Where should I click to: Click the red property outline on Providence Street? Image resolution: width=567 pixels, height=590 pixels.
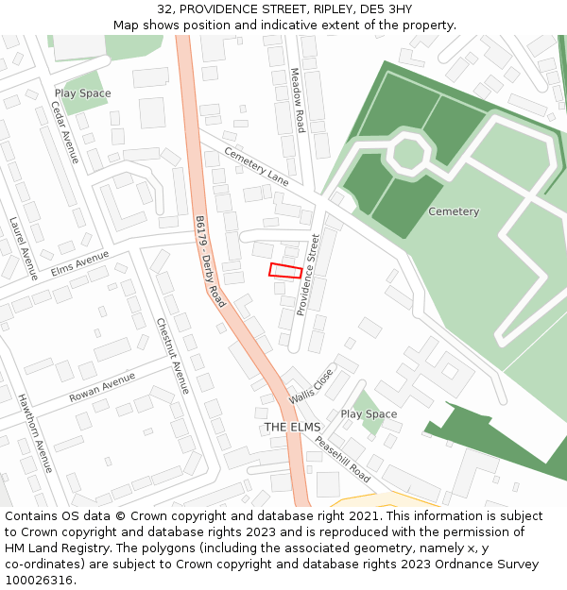click(285, 271)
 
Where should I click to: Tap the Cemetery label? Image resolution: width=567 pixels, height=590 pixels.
click(454, 211)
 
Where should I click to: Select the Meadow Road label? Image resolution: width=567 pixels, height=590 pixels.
click(298, 99)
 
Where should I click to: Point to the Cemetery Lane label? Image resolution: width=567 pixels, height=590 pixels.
click(256, 165)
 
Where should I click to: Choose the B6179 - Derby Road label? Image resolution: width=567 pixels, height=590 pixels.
click(210, 261)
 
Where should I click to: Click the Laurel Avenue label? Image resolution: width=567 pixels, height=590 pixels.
click(23, 248)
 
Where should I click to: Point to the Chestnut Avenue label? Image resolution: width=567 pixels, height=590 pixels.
click(173, 355)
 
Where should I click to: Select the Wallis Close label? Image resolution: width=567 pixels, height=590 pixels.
click(312, 386)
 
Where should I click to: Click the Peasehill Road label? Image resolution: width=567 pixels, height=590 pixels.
click(342, 458)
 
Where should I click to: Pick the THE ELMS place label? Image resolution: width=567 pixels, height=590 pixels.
click(293, 427)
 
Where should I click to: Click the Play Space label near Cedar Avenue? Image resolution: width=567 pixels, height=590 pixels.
click(82, 93)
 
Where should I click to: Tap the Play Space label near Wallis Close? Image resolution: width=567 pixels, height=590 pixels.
click(369, 414)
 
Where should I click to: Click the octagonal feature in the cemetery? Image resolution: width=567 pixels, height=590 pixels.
click(408, 153)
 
